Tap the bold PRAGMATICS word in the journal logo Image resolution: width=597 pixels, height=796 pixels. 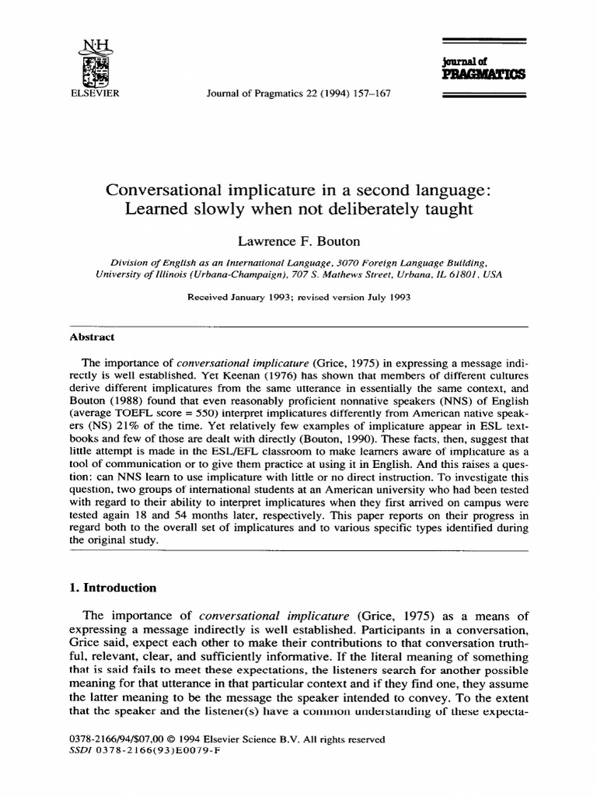coord(484,75)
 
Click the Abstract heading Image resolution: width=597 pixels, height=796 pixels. coord(92,337)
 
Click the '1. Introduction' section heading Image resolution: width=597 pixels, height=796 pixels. coord(113,588)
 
